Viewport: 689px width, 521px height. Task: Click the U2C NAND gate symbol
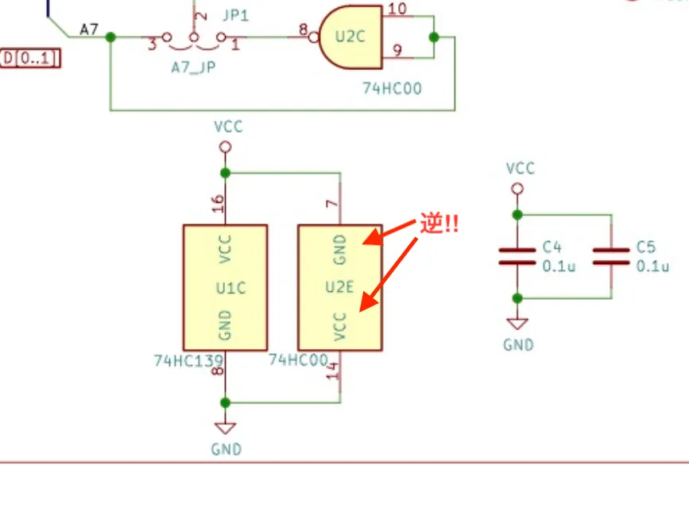pyautogui.click(x=350, y=37)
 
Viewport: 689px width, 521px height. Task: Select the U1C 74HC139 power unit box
pyautogui.click(x=226, y=287)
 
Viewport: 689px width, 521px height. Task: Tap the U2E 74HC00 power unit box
pyautogui.click(x=340, y=287)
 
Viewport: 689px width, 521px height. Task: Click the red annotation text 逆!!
pyautogui.click(x=439, y=224)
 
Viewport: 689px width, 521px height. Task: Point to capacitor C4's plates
pyautogui.click(x=517, y=257)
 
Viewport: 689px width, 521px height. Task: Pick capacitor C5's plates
pyautogui.click(x=611, y=257)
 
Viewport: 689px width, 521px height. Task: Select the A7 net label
pyautogui.click(x=89, y=29)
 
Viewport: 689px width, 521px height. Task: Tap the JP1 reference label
pyautogui.click(x=236, y=15)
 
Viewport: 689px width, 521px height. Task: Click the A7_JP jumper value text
pyautogui.click(x=193, y=68)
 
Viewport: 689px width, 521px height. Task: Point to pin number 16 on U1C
pyautogui.click(x=218, y=204)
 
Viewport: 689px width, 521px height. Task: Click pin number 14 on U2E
pyautogui.click(x=334, y=371)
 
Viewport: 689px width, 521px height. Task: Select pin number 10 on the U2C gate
pyautogui.click(x=397, y=9)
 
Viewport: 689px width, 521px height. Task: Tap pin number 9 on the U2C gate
pyautogui.click(x=397, y=50)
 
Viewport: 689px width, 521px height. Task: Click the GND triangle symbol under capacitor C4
pyautogui.click(x=517, y=324)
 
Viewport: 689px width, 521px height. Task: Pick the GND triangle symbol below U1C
pyautogui.click(x=226, y=428)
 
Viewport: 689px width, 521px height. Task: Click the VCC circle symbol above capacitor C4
pyautogui.click(x=517, y=189)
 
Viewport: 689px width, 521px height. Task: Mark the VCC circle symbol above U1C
pyautogui.click(x=226, y=147)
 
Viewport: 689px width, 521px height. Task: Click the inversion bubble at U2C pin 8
pyautogui.click(x=314, y=37)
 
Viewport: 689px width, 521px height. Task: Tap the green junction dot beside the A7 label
pyautogui.click(x=110, y=37)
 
